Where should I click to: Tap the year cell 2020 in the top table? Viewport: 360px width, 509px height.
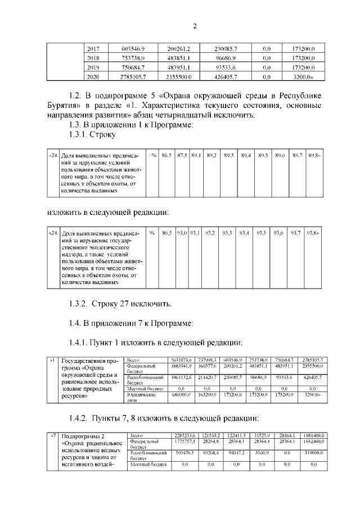coord(93,76)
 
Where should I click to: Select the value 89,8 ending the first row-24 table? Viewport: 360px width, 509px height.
coord(314,155)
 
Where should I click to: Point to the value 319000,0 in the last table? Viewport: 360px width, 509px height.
coord(317,452)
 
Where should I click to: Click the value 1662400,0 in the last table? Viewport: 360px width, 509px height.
coord(317,442)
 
